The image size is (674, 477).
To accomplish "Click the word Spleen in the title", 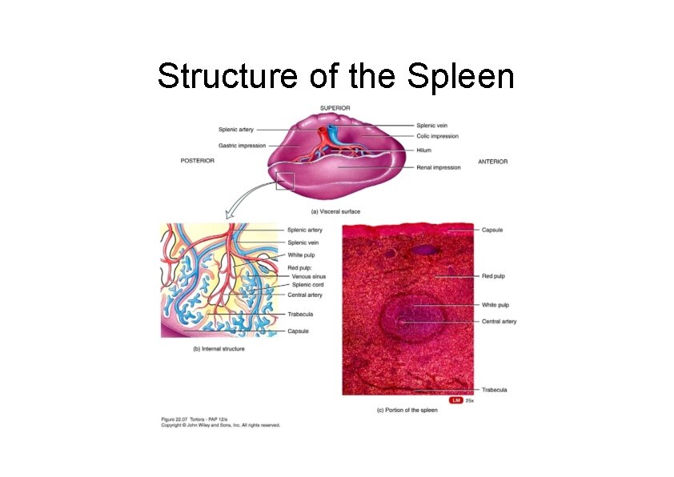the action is click(460, 77).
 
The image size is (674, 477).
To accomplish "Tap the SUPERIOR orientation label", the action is click(335, 108).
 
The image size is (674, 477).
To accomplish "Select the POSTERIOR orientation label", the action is click(197, 161).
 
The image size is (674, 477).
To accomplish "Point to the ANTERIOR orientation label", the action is click(492, 162).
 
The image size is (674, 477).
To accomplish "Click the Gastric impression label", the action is click(242, 146).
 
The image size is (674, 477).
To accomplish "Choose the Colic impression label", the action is click(437, 136).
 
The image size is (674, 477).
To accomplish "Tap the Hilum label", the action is click(423, 150).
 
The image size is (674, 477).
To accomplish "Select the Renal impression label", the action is click(438, 168).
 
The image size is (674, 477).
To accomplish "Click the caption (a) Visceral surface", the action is click(335, 211).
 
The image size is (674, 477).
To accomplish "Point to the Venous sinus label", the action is click(308, 277).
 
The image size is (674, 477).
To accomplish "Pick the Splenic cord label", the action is click(307, 285).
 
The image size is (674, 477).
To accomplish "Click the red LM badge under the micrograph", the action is click(456, 400).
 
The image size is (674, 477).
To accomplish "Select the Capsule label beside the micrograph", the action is click(492, 230).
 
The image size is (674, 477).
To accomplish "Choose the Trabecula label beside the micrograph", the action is click(494, 390).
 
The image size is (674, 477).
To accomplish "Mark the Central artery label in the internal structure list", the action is click(304, 295).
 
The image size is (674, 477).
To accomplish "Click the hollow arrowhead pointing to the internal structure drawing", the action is click(227, 214).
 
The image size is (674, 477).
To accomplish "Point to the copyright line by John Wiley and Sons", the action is click(220, 426).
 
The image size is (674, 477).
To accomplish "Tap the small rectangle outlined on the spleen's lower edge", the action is click(285, 182).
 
